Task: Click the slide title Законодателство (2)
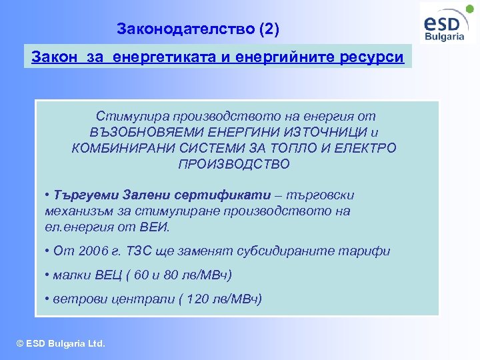click(x=198, y=29)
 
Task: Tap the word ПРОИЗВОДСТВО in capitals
click(x=234, y=164)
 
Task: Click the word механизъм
click(x=73, y=211)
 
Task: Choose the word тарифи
click(x=364, y=251)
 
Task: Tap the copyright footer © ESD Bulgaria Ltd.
click(x=61, y=344)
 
